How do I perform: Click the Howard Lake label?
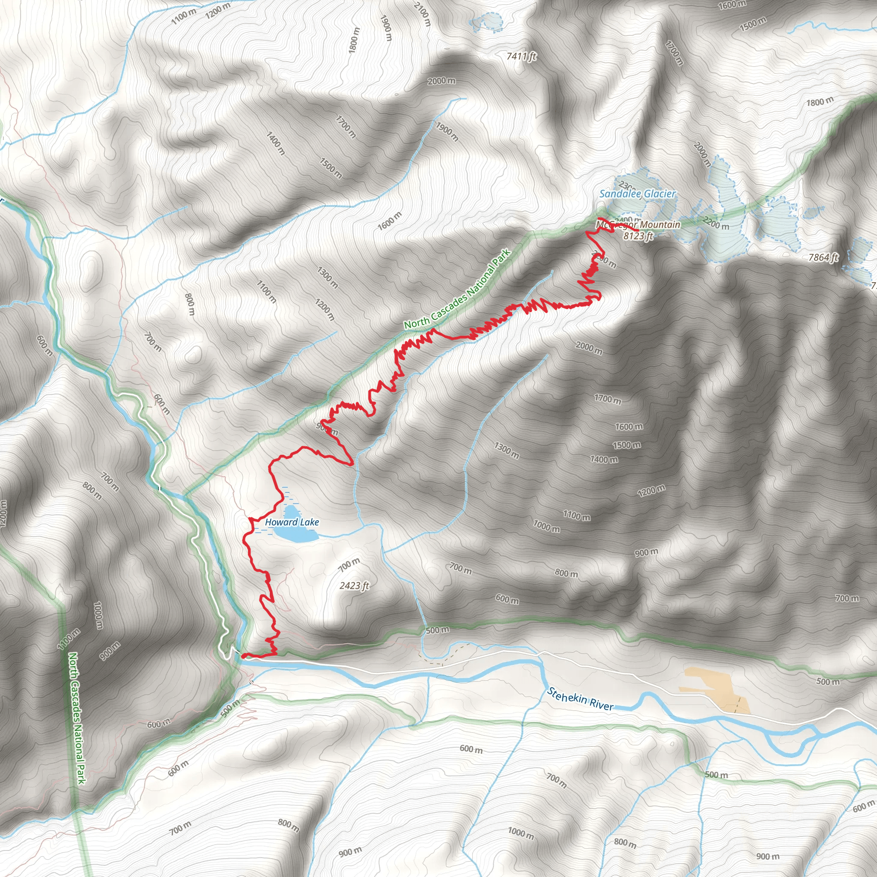tap(292, 522)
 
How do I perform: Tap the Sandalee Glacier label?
tap(637, 194)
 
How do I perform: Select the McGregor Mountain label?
tap(638, 224)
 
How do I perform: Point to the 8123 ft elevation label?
tap(638, 236)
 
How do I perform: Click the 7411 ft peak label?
tap(521, 56)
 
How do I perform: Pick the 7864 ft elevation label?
tap(823, 257)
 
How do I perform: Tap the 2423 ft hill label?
tap(354, 585)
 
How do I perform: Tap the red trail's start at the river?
tap(244, 656)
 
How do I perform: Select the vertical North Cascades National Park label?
tap(77, 717)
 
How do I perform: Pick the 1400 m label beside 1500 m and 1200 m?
tap(604, 459)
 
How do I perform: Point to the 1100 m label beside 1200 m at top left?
tap(184, 16)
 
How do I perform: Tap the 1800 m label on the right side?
tap(820, 101)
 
